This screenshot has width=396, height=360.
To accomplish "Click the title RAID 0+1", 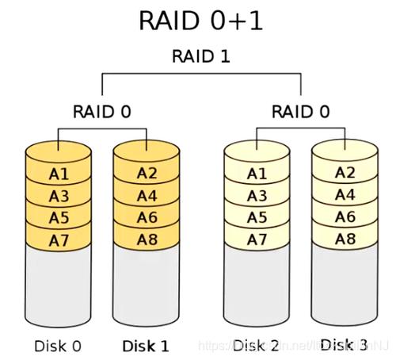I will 200,21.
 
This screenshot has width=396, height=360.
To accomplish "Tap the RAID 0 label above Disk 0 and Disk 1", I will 102,111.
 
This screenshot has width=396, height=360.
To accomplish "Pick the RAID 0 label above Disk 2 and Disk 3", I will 300,111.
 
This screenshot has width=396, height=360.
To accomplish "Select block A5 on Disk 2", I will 257,217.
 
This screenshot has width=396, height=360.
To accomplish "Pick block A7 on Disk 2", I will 257,239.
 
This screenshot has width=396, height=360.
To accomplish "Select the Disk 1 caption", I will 145,345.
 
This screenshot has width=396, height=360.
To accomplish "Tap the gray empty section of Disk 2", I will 257,285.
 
